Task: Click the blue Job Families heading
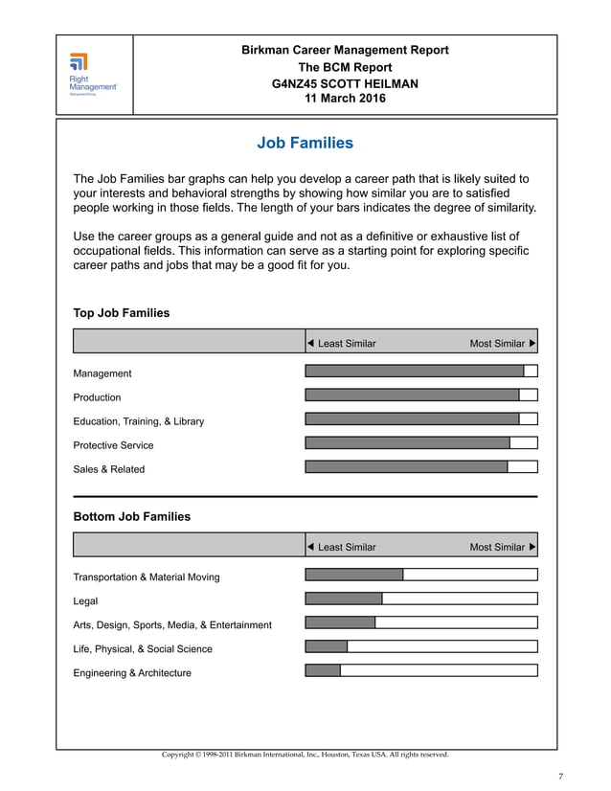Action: pyautogui.click(x=305, y=144)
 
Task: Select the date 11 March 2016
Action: pyautogui.click(x=345, y=98)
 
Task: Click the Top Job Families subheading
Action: pyautogui.click(x=122, y=313)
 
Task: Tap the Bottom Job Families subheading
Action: pyautogui.click(x=132, y=517)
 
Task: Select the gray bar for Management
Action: pyautogui.click(x=414, y=372)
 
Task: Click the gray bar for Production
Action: pyautogui.click(x=412, y=395)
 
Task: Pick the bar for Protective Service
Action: pyautogui.click(x=407, y=443)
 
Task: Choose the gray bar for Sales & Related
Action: pyautogui.click(x=406, y=467)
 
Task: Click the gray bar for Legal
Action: pyautogui.click(x=343, y=599)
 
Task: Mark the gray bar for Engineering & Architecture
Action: pyautogui.click(x=323, y=671)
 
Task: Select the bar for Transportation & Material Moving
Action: pyautogui.click(x=353, y=576)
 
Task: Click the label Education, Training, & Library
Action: pyautogui.click(x=139, y=421)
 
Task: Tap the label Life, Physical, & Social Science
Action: pyautogui.click(x=143, y=649)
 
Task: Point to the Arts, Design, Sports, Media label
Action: pyautogui.click(x=172, y=625)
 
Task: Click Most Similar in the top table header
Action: pyautogui.click(x=497, y=344)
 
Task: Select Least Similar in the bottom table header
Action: pyautogui.click(x=347, y=548)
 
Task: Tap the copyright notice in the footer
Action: pyautogui.click(x=305, y=755)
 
